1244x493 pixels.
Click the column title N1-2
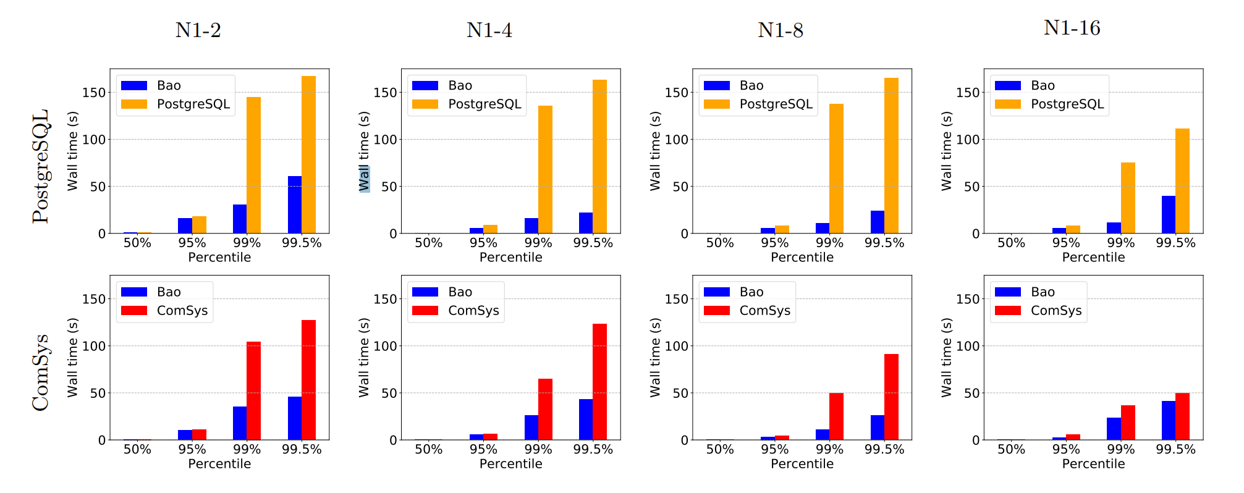198,30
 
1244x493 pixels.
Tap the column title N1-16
1072,28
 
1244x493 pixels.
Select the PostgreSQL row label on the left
41,166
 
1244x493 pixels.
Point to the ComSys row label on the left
41,373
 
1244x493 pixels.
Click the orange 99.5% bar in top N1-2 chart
308,154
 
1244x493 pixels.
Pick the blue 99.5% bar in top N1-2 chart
295,204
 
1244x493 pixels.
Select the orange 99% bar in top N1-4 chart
545,169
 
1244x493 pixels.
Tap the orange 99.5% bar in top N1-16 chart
1182,180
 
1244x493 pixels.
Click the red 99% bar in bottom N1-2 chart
253,390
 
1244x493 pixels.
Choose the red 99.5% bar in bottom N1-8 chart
891,397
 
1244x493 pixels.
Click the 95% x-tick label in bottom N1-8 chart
774,450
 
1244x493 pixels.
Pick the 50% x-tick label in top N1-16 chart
1011,243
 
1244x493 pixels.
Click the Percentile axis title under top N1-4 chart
510,257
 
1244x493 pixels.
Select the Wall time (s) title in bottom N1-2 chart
73,357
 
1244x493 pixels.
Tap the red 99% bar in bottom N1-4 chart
545,409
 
